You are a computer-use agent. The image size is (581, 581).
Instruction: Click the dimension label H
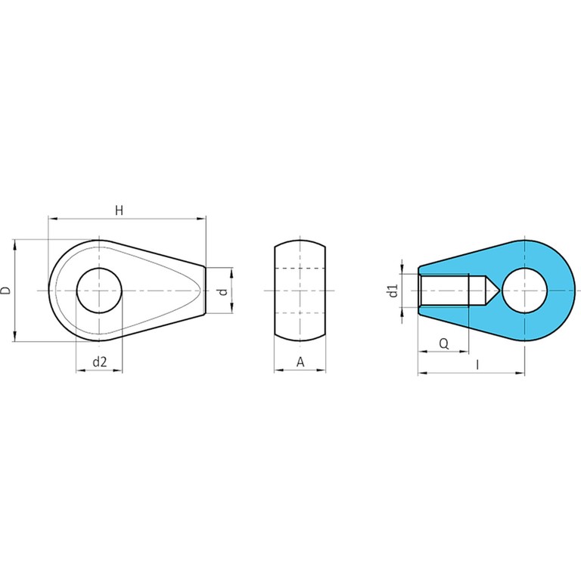click(x=119, y=210)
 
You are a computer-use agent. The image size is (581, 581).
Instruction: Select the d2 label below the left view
click(x=100, y=362)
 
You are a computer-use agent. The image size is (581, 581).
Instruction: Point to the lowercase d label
click(x=223, y=291)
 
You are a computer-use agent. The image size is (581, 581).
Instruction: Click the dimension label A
click(x=300, y=362)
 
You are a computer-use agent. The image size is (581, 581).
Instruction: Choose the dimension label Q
click(x=444, y=344)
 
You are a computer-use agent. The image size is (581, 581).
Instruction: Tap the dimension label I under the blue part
click(x=477, y=365)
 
